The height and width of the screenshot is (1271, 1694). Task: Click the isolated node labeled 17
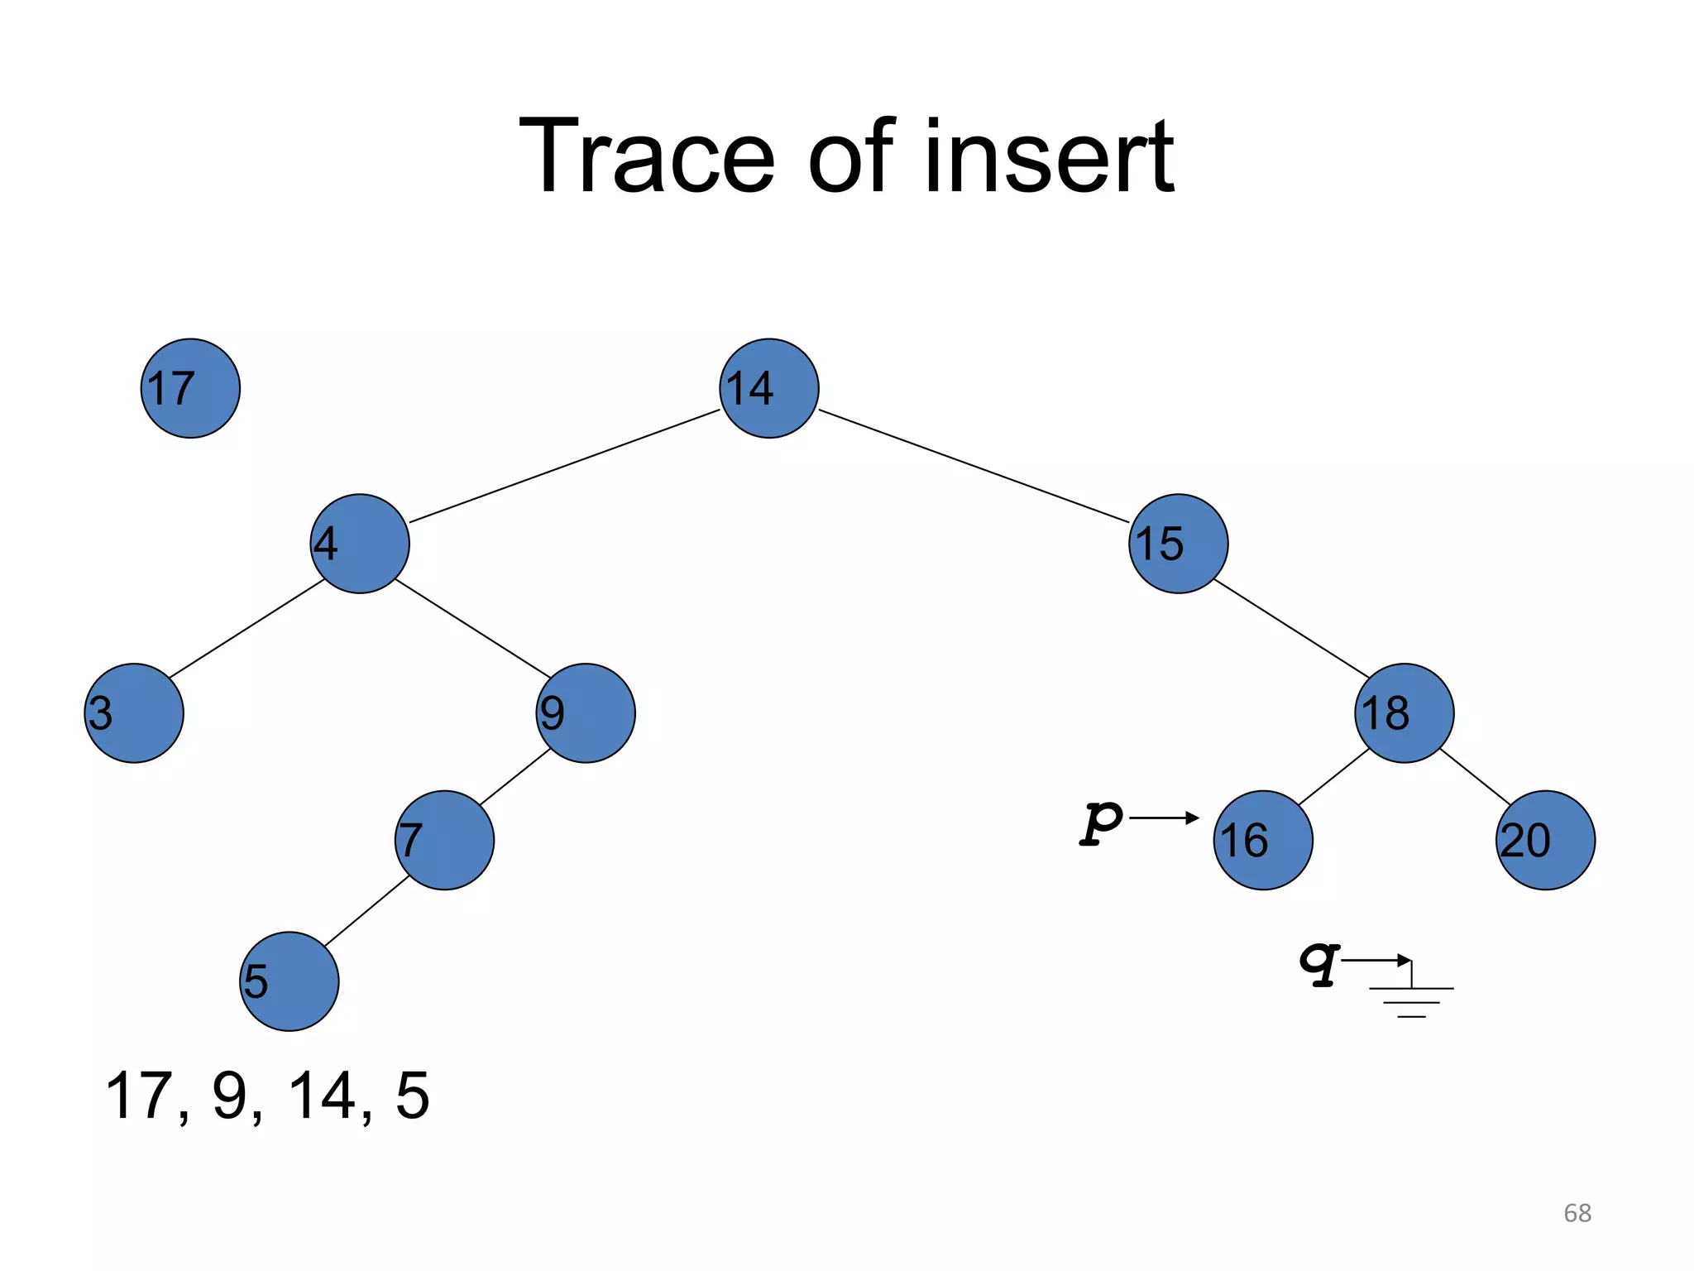190,388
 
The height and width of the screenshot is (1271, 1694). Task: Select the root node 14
768,388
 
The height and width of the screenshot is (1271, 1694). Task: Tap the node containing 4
360,544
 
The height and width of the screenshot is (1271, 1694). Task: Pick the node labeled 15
1178,544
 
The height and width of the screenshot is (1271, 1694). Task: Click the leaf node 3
134,713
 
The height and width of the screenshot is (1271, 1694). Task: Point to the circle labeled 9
586,713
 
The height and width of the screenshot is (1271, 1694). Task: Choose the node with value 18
1404,713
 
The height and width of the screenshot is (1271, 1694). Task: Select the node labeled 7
444,840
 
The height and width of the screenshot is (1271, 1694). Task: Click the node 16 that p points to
1262,840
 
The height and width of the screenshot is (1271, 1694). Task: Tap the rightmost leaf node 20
1545,840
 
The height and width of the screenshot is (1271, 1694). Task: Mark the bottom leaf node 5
289,981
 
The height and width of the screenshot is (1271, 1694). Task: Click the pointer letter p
1101,822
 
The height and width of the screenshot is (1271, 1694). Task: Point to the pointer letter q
1318,963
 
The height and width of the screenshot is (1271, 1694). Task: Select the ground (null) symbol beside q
1411,997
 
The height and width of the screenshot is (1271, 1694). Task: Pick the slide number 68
1577,1213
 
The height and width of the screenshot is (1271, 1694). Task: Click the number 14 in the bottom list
323,1096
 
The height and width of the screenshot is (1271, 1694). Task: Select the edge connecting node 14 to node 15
974,466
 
